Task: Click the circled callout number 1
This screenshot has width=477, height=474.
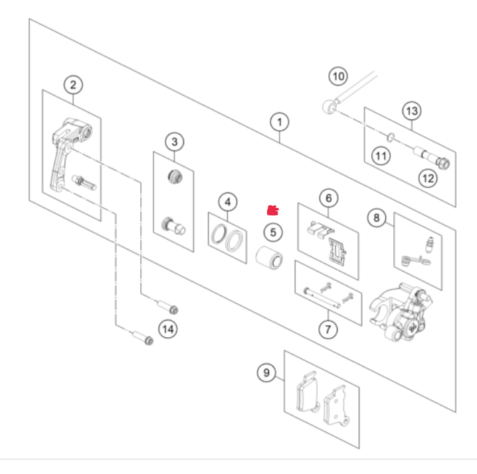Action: click(x=280, y=122)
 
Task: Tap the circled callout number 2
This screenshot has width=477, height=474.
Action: click(x=73, y=85)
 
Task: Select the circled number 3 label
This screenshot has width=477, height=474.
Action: click(x=175, y=141)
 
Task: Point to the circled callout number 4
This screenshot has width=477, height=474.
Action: click(x=228, y=202)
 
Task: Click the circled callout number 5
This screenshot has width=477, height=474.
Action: click(x=273, y=232)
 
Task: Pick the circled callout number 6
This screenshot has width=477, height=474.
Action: click(x=329, y=198)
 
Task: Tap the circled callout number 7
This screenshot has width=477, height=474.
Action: click(x=328, y=329)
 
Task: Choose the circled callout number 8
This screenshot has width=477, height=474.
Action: click(x=377, y=218)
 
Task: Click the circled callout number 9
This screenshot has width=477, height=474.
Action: click(x=266, y=372)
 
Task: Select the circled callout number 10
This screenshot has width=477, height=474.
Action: click(x=338, y=76)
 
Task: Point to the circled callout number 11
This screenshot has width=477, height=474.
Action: click(x=381, y=156)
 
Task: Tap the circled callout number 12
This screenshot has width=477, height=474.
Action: click(x=428, y=178)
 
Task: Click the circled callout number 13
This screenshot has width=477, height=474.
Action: click(x=412, y=111)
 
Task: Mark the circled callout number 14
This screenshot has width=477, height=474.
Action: click(x=168, y=329)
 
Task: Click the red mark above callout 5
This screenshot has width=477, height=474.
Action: click(x=273, y=210)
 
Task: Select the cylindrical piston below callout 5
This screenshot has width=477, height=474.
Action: click(x=269, y=258)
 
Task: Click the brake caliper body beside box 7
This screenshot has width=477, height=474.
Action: click(x=400, y=313)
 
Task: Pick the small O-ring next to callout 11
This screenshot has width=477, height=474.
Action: click(x=391, y=137)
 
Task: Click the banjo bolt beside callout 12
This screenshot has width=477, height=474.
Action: click(x=431, y=158)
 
